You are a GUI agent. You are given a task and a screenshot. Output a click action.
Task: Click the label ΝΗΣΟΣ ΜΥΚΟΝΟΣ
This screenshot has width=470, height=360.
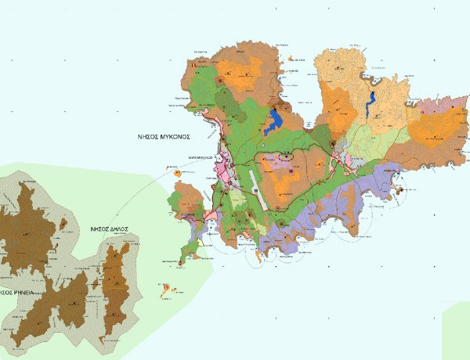[163, 135]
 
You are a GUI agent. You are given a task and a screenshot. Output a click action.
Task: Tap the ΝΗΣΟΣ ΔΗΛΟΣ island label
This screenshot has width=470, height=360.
[109, 229]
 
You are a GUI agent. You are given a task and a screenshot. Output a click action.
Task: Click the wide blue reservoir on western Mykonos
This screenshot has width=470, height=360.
[274, 121]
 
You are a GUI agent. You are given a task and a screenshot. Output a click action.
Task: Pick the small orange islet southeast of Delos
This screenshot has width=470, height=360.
[166, 292]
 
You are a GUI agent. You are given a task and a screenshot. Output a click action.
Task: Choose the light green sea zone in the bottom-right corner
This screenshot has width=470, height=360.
[457, 333]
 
